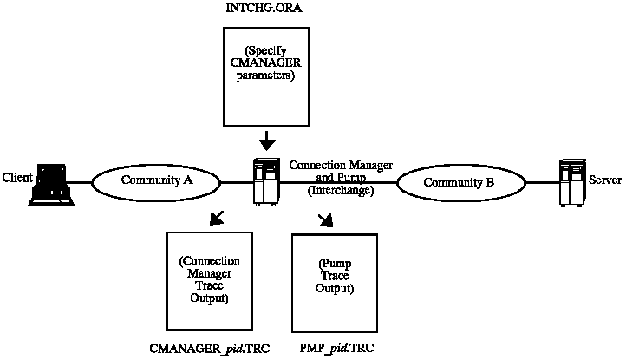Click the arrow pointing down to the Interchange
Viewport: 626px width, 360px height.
(x=268, y=140)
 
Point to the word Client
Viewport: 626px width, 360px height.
(x=17, y=177)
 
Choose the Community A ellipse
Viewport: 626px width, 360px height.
(x=156, y=181)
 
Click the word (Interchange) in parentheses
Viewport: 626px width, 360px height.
(x=340, y=190)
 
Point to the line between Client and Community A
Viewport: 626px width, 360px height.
(x=81, y=182)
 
